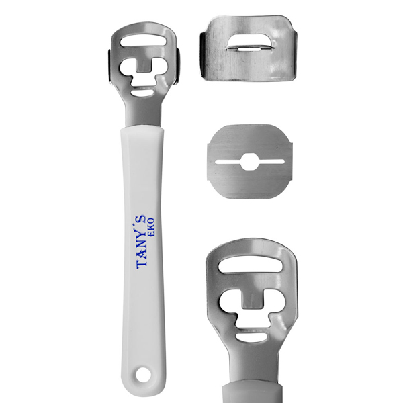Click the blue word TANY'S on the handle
142,242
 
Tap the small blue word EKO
151,228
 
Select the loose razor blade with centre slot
250,161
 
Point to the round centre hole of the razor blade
250,162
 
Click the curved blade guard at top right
249,48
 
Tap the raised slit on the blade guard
250,48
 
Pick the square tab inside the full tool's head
144,66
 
